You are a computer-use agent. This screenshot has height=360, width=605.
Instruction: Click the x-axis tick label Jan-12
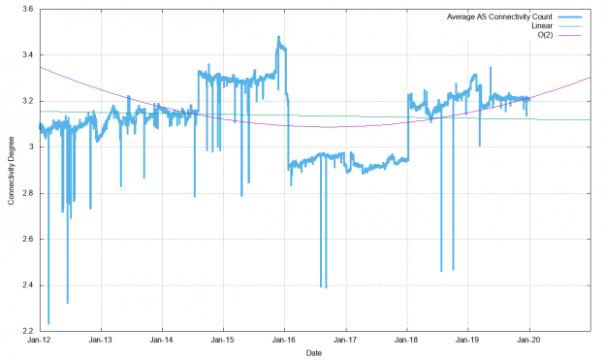39,341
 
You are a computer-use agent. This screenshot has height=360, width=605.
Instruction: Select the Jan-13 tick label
101,341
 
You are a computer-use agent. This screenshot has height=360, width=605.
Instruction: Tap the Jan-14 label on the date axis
162,341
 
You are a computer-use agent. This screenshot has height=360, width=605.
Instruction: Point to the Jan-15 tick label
223,341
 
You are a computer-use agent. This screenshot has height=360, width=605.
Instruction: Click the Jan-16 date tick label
284,341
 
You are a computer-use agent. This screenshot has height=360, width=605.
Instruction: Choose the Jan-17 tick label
346,341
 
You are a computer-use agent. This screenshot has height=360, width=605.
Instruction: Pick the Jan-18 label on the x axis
407,341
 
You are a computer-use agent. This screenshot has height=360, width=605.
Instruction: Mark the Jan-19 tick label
468,341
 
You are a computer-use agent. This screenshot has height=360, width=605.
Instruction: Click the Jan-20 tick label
529,341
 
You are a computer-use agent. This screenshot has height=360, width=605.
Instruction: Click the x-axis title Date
314,353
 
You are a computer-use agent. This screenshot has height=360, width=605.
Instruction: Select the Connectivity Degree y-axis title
11,170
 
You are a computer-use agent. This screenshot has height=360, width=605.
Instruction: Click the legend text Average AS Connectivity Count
498,16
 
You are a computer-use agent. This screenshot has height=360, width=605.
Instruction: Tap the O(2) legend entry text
544,35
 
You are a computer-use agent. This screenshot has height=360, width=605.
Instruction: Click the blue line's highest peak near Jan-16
279,37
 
